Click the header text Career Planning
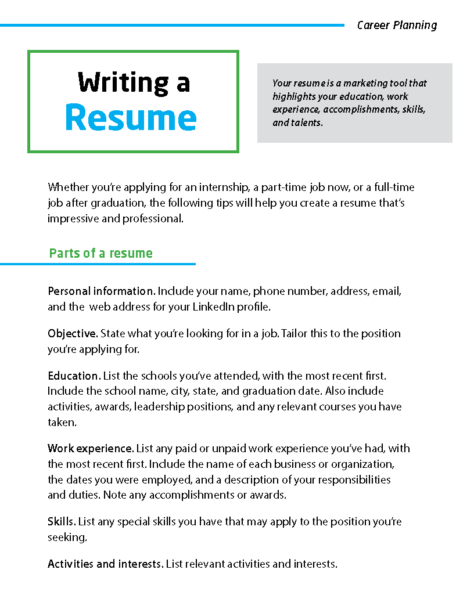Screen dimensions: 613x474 [x=397, y=25]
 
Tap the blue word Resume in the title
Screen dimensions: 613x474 [x=131, y=118]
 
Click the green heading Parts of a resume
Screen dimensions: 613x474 [x=101, y=253]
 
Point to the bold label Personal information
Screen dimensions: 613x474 [x=101, y=291]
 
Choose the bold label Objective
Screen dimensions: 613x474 [x=73, y=334]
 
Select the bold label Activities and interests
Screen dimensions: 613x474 [x=105, y=564]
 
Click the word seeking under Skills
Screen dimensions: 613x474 [x=66, y=538]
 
